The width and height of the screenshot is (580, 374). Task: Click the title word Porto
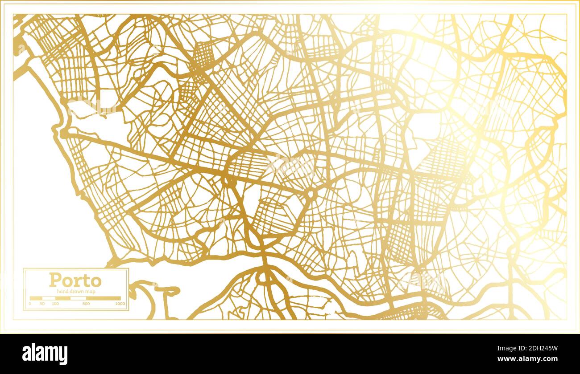(x=75, y=280)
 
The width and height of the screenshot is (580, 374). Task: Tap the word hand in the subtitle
(x=61, y=291)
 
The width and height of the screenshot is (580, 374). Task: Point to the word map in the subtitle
(x=91, y=291)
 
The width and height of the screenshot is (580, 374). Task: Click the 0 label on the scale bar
(x=30, y=304)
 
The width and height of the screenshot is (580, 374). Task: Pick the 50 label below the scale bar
(x=42, y=304)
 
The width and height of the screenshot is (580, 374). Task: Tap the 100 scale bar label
(x=55, y=304)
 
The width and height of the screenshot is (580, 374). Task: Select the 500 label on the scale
(x=86, y=304)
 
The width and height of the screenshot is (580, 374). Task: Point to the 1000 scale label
(x=119, y=304)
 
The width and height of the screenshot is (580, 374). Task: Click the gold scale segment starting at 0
(x=36, y=298)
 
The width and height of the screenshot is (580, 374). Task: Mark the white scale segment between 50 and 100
(x=49, y=298)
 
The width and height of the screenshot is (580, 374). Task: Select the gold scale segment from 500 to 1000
(x=103, y=298)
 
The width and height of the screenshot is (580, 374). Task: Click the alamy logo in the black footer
(x=45, y=354)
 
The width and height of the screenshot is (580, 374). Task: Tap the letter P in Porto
(x=54, y=280)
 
